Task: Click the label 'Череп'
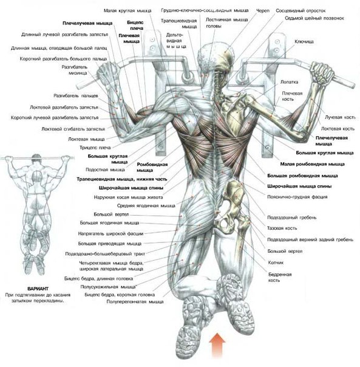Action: click(x=263, y=10)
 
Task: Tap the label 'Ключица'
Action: click(x=304, y=42)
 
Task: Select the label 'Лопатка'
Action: click(x=289, y=82)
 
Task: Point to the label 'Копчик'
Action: click(x=276, y=262)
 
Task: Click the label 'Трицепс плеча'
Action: click(x=95, y=148)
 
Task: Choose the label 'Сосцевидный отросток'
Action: click(x=301, y=10)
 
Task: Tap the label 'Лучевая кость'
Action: click(x=340, y=117)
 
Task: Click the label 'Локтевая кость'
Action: click(x=338, y=128)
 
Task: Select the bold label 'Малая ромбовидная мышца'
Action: click(x=312, y=164)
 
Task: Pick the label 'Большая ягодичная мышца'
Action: click(x=109, y=223)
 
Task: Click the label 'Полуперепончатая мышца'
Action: click(x=135, y=302)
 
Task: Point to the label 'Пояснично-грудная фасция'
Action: click(x=297, y=197)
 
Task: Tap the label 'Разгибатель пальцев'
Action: click(x=76, y=96)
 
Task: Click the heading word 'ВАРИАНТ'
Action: click(x=38, y=289)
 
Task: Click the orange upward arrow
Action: click(x=217, y=345)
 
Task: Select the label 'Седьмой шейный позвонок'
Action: click(x=314, y=18)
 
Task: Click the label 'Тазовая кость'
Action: click(x=282, y=228)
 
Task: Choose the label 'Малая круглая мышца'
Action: click(x=127, y=10)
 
